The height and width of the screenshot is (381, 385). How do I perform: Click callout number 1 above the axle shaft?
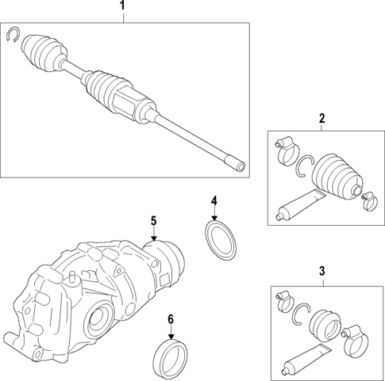[x=122, y=7]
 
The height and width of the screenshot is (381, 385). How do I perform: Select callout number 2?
[x=321, y=119]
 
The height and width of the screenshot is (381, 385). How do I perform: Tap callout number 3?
[x=321, y=271]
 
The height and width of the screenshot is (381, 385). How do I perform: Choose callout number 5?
[x=154, y=220]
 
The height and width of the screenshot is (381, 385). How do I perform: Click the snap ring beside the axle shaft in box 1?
[x=13, y=33]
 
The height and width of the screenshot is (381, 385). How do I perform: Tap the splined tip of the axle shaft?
[x=237, y=166]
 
